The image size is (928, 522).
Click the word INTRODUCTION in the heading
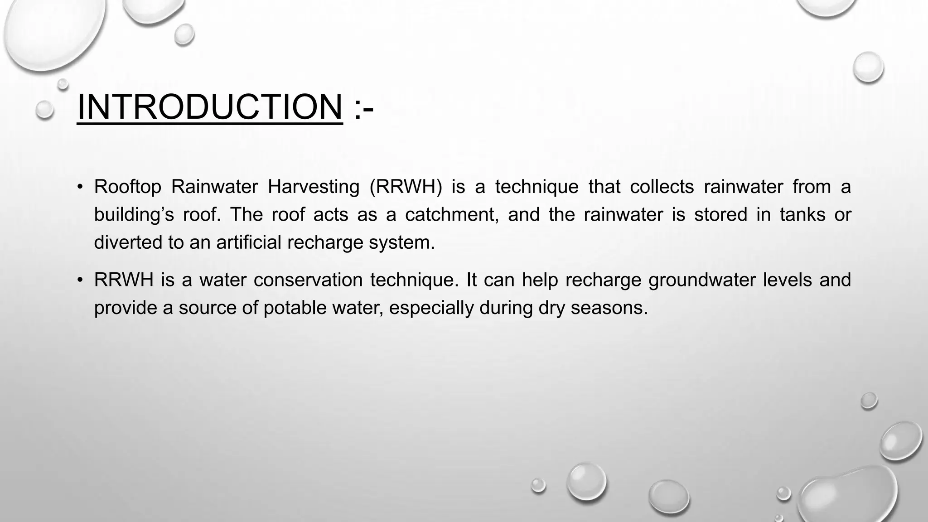pyautogui.click(x=210, y=107)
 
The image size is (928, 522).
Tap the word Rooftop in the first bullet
pyautogui.click(x=127, y=187)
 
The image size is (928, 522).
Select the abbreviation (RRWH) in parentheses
pyautogui.click(x=406, y=187)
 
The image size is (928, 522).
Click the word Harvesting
pyautogui.click(x=313, y=187)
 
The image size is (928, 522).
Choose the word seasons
pyautogui.click(x=609, y=308)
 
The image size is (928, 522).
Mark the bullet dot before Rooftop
pyautogui.click(x=80, y=187)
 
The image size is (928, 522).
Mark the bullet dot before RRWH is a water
pyautogui.click(x=80, y=280)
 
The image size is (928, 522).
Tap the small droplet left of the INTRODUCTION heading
pyautogui.click(x=45, y=110)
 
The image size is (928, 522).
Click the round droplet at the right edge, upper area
pyautogui.click(x=868, y=67)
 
